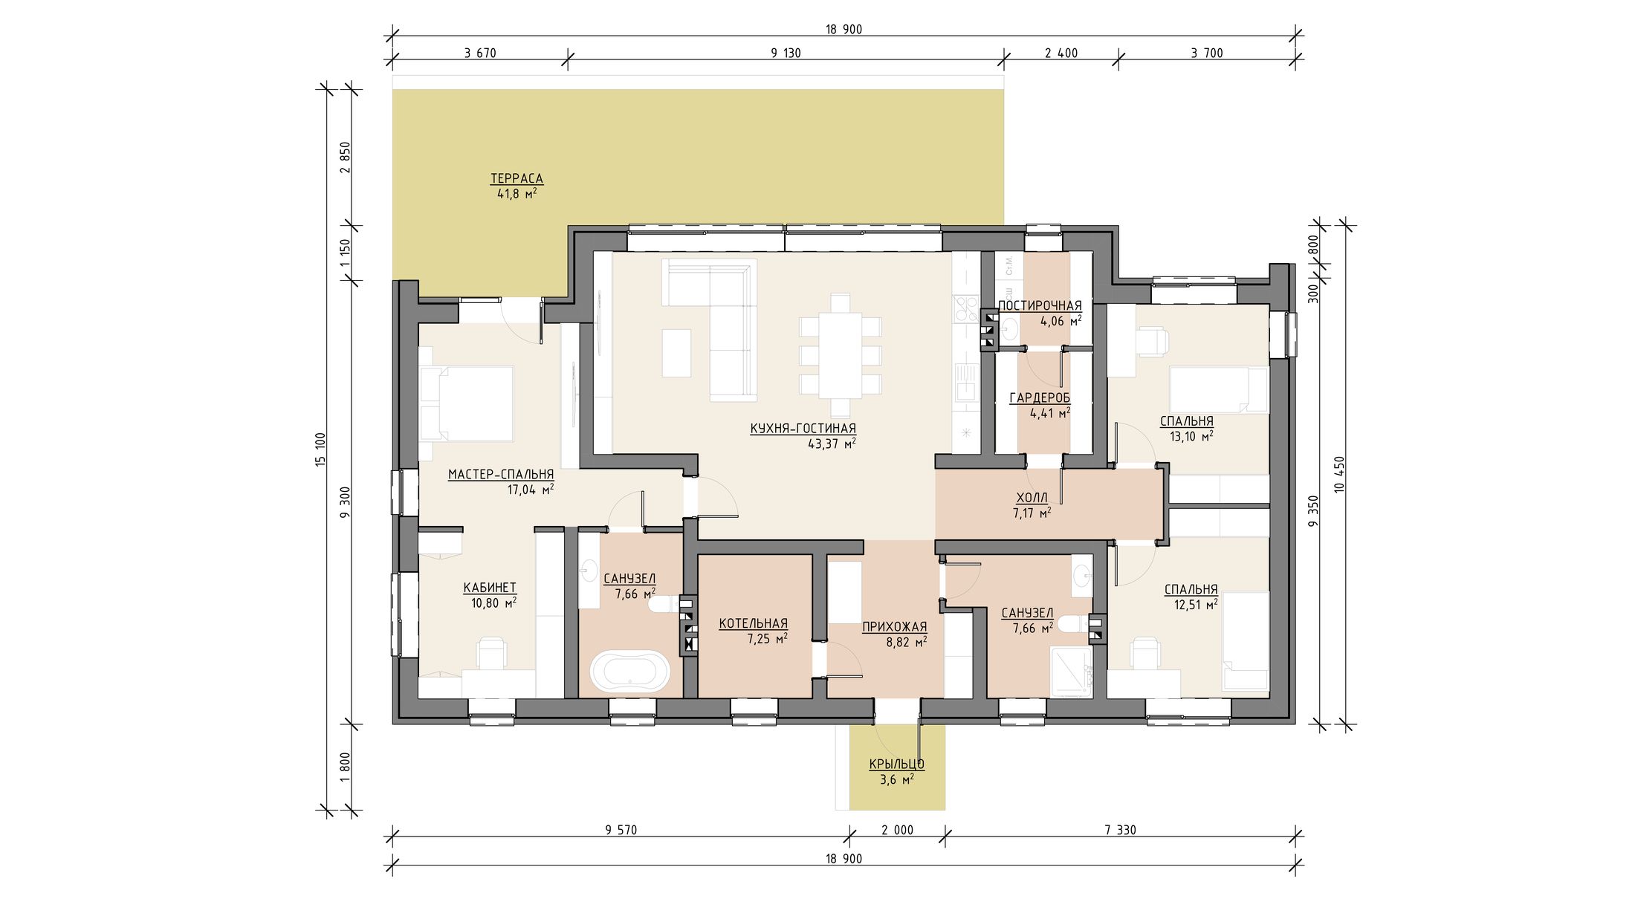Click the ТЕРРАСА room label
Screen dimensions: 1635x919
[517, 178]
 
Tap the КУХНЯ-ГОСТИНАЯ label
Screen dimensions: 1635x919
[803, 429]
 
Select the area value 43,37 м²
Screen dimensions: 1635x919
[832, 444]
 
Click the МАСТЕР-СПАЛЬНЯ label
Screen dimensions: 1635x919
[501, 475]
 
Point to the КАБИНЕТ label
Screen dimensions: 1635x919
[490, 588]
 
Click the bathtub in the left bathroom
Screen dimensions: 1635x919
[630, 671]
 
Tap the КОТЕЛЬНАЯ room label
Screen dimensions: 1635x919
[753, 624]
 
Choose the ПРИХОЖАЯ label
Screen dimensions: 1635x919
[895, 627]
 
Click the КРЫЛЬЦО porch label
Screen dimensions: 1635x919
[897, 764]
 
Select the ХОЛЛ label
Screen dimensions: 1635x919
[1032, 498]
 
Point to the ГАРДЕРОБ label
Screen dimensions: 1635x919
[1040, 398]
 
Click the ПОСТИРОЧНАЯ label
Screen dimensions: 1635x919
[1040, 305]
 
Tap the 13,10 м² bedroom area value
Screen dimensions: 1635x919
[1191, 437]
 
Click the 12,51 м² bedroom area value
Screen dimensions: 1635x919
[1195, 605]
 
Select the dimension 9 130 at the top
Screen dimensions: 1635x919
[786, 53]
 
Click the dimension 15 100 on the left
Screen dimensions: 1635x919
[321, 449]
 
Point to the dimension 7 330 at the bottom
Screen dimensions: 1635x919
[1120, 830]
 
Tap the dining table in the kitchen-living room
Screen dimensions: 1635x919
[841, 355]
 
